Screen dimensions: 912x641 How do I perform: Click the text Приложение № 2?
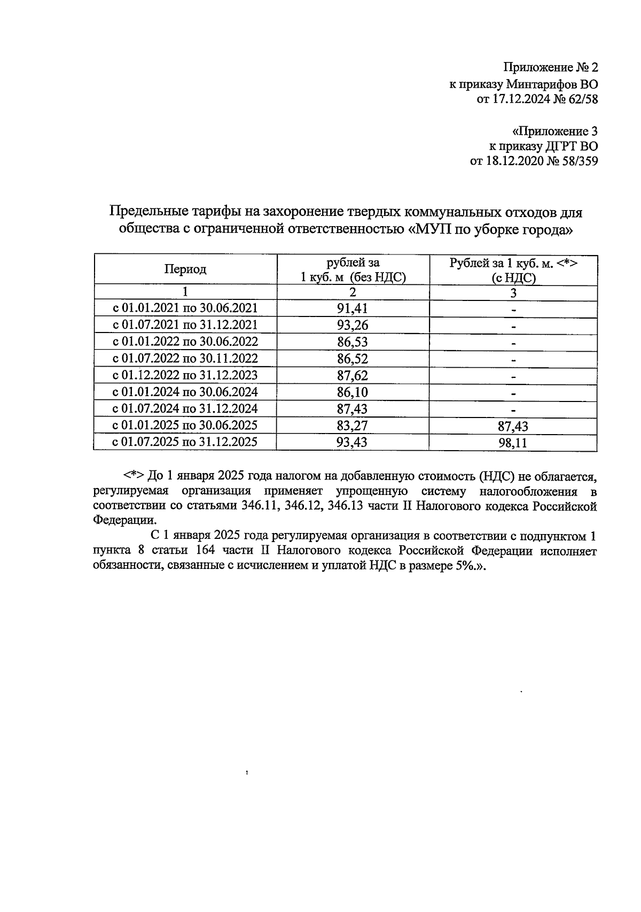click(x=551, y=68)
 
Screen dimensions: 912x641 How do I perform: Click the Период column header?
click(x=185, y=269)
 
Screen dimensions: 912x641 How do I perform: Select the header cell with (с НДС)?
click(x=513, y=278)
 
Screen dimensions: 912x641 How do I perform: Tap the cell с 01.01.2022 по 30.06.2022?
click(x=185, y=342)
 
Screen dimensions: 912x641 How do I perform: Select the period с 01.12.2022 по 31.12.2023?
click(x=185, y=375)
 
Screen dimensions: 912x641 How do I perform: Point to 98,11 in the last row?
click(x=513, y=443)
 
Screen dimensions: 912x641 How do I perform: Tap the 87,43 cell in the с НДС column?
click(x=513, y=426)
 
